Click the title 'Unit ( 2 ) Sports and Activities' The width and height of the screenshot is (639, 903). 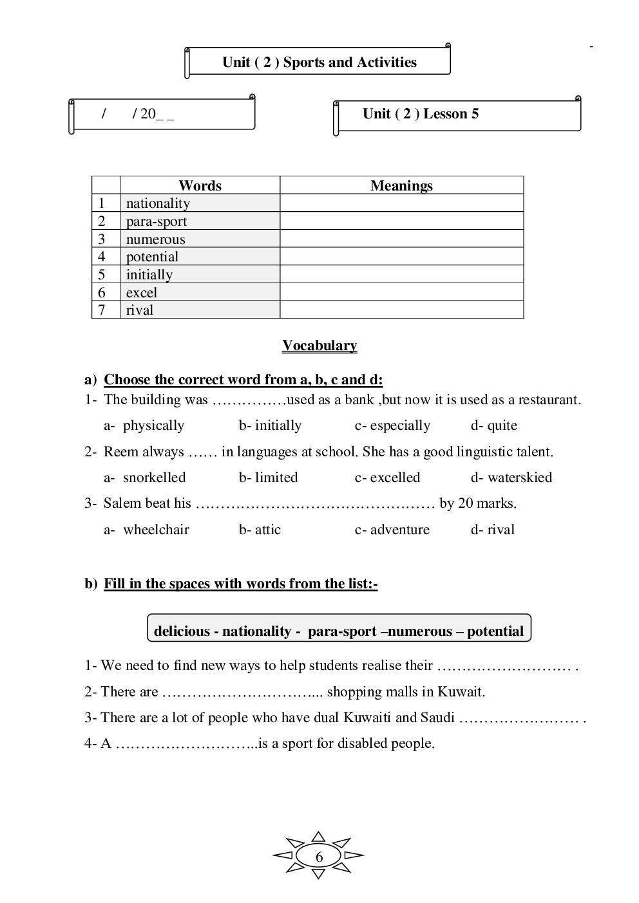point(319,62)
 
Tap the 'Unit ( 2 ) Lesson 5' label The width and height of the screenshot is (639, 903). point(420,114)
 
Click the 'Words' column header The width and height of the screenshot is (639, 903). point(200,185)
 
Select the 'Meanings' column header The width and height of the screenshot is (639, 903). point(401,185)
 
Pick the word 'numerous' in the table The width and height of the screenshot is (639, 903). point(155,239)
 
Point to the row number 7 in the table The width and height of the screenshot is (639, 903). point(102,310)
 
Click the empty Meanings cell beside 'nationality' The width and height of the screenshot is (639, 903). point(401,203)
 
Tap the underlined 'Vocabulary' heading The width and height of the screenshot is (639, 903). point(319,346)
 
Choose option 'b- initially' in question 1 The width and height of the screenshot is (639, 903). point(270,425)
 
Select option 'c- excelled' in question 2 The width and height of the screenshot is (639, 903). point(387,478)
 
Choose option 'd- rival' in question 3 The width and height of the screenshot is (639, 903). point(493,530)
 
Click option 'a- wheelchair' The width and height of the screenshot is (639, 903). point(147,530)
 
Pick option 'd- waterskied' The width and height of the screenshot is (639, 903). point(511,478)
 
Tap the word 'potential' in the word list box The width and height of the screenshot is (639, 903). point(495,631)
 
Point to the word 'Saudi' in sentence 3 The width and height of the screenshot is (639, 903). point(437,718)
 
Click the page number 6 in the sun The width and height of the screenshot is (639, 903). point(319,857)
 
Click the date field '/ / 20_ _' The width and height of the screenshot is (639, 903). point(138,115)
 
